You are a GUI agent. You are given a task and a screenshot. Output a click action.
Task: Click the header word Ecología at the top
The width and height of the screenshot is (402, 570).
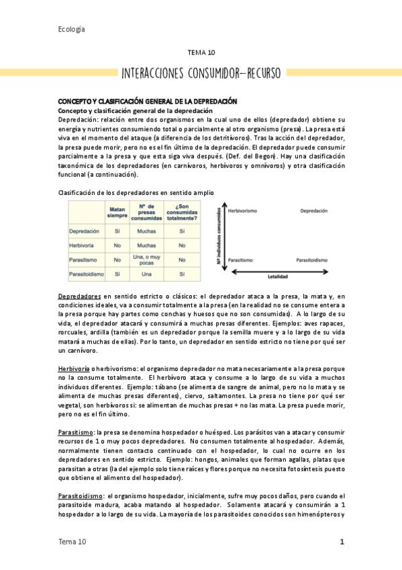point(71,29)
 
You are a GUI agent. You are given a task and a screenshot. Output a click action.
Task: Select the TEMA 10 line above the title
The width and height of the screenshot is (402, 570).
point(201,52)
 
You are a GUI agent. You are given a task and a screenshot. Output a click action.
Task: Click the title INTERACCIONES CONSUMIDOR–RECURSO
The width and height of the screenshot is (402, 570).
point(201,73)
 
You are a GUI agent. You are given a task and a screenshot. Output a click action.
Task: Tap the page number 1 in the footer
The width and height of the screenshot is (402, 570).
point(342,541)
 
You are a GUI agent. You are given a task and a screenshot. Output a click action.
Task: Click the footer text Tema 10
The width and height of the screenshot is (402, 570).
point(72,541)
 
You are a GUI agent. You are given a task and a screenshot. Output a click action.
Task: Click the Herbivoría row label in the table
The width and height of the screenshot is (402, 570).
point(84,245)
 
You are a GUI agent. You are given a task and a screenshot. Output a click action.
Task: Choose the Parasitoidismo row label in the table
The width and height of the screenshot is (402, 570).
point(87,274)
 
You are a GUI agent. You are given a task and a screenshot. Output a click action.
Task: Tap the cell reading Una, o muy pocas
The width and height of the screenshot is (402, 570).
point(146,259)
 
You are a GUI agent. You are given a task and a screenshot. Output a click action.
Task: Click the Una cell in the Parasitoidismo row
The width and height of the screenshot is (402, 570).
point(146,274)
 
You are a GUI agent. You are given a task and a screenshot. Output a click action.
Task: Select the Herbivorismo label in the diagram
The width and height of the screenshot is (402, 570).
point(244,210)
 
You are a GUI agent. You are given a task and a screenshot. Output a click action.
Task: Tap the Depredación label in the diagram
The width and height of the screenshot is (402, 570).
point(313,210)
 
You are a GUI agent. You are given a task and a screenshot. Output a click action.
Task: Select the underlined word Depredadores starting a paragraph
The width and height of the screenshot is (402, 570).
point(80,295)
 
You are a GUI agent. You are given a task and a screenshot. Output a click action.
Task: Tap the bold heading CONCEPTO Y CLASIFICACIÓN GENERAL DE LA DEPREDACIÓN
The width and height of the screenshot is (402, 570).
point(148,101)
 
